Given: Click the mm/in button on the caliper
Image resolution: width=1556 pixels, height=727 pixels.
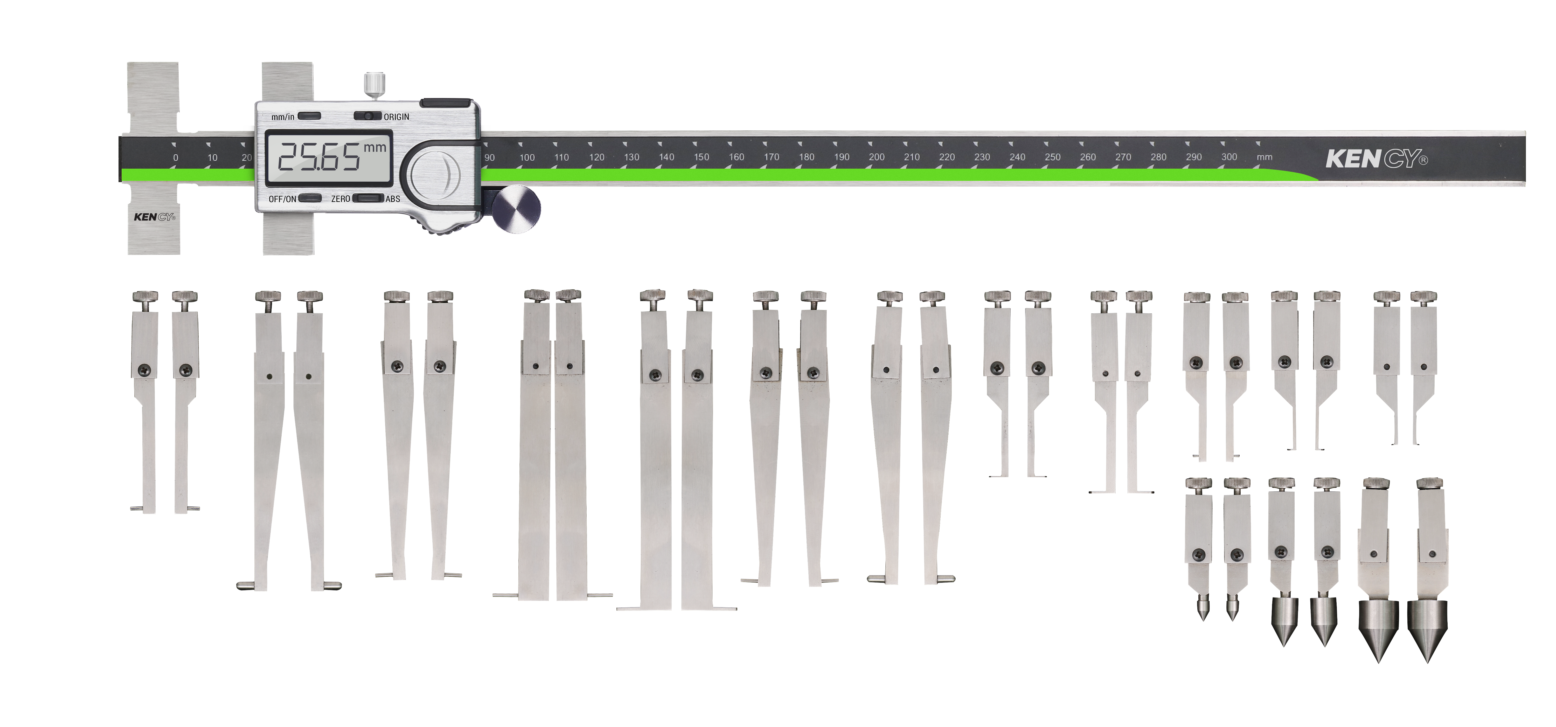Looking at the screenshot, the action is click(x=309, y=116).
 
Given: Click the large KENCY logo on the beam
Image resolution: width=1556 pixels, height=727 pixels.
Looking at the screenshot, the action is click(x=1377, y=159).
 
